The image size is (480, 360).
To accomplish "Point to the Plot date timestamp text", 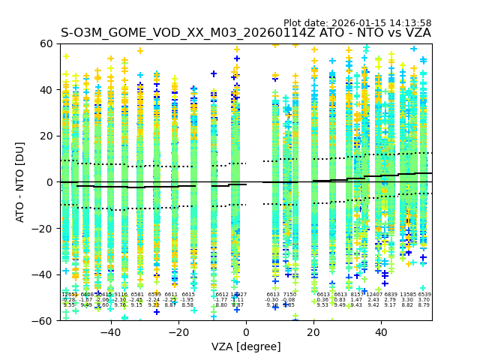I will coord(357,23).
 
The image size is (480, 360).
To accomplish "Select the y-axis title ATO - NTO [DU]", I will coord(21,181).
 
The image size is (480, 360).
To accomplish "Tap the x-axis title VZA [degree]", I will coord(246,346).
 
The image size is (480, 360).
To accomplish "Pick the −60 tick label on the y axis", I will coord(46,320).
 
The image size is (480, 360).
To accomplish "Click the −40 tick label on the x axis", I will coord(110,332).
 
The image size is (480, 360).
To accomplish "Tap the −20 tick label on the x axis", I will coord(178,332).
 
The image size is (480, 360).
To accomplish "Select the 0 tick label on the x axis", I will coord(246,332).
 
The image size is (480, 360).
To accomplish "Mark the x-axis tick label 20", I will coord(313,332).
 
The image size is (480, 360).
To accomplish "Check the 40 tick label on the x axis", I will coord(381,332).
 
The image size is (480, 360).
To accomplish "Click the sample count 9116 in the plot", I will coord(120,295).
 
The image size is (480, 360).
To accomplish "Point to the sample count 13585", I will coord(408,295).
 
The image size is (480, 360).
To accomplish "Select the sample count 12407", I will coord(373,295).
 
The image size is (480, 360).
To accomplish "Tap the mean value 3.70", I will coord(424,300).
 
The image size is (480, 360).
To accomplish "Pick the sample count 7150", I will coord(289,295).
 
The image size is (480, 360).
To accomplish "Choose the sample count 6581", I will coord(137,295).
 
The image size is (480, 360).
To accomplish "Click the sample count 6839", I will coord(391,295).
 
